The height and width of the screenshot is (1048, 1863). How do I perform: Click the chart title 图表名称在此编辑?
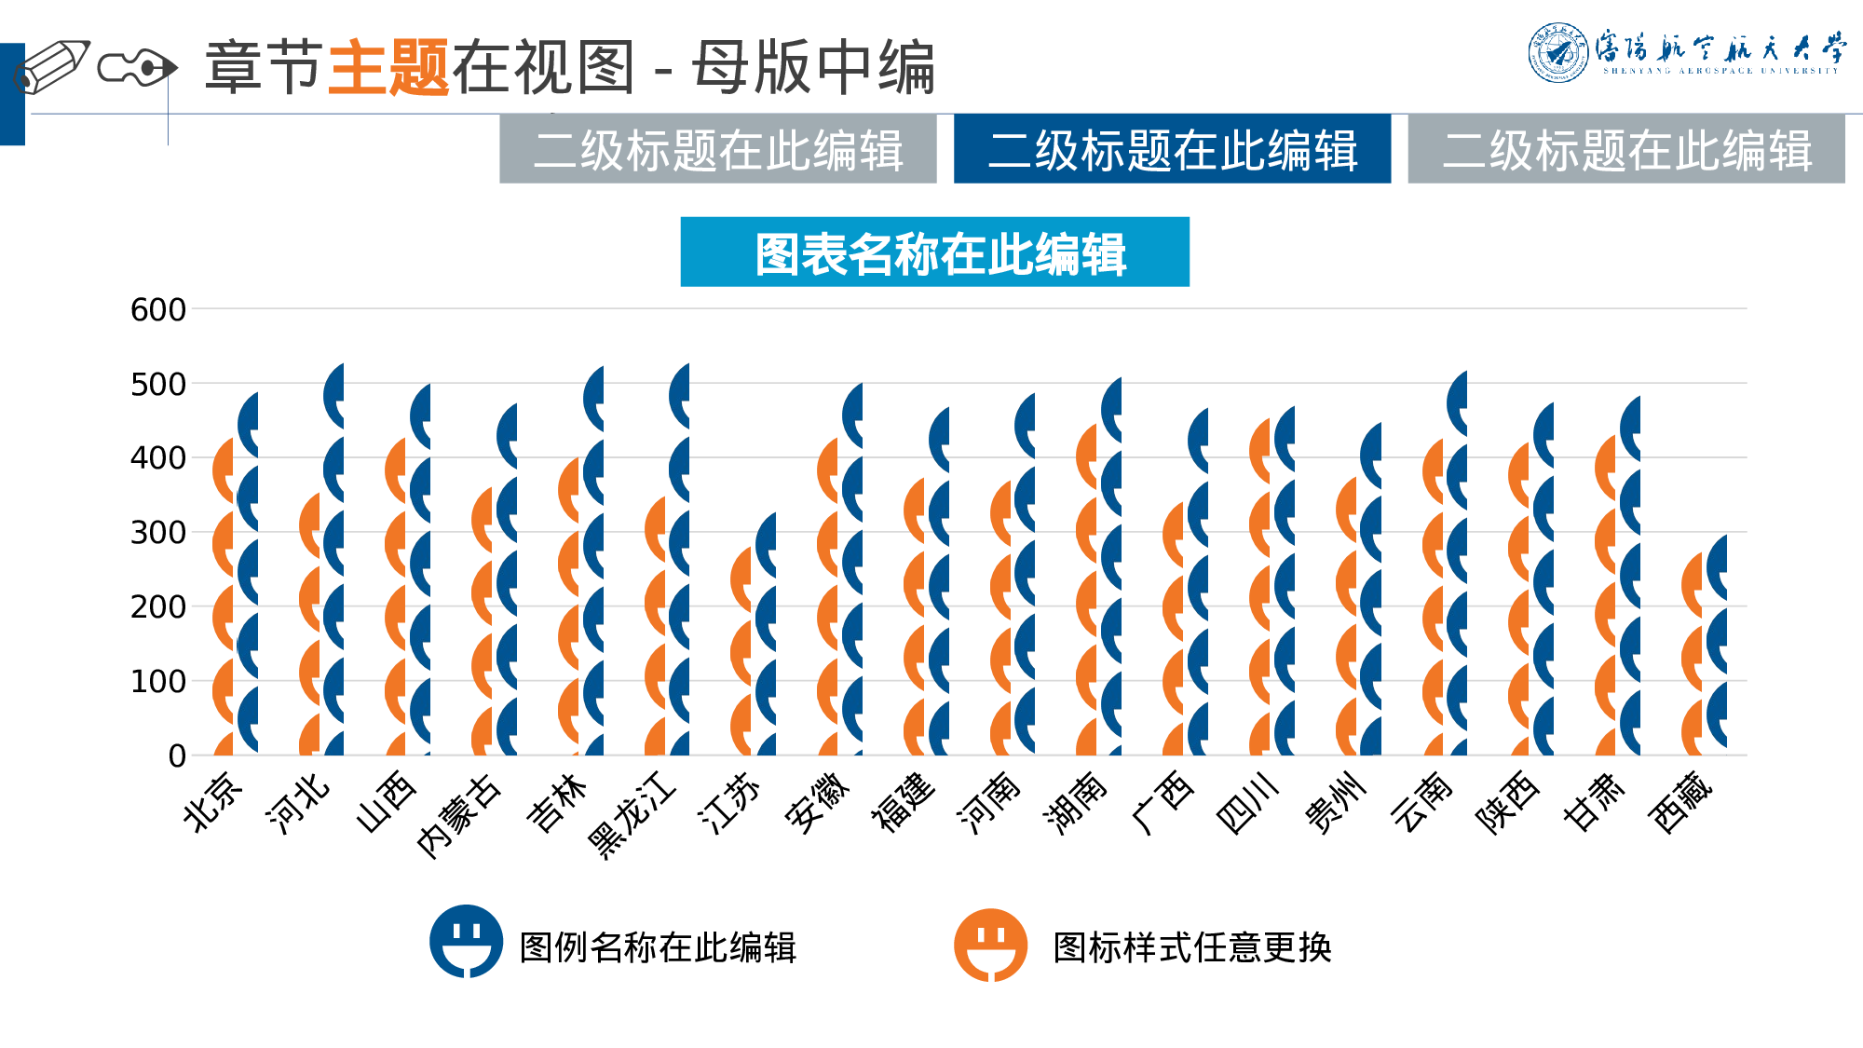click(x=934, y=252)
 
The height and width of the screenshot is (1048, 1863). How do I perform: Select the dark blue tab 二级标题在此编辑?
click(x=1172, y=149)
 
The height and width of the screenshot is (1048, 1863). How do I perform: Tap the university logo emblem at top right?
click(x=1558, y=52)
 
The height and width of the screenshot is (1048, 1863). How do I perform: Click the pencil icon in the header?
click(x=51, y=67)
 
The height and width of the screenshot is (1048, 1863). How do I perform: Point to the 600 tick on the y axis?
click(x=158, y=309)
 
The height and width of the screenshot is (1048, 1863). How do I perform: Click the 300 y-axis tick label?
click(x=158, y=533)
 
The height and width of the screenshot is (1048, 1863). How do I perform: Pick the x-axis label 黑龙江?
click(x=632, y=812)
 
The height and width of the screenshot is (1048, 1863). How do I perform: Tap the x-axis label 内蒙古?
click(x=458, y=813)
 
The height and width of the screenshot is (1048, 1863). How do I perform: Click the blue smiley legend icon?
click(x=466, y=941)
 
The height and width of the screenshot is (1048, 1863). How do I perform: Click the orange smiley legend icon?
click(x=990, y=945)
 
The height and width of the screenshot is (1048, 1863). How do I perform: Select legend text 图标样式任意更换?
click(x=1191, y=947)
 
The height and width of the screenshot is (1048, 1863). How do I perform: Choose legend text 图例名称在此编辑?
click(x=658, y=947)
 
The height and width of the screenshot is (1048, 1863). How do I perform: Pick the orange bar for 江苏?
click(x=741, y=652)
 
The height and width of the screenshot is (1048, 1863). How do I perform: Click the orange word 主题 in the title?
click(x=388, y=67)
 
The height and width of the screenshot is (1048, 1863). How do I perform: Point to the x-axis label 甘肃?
click(x=1594, y=802)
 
